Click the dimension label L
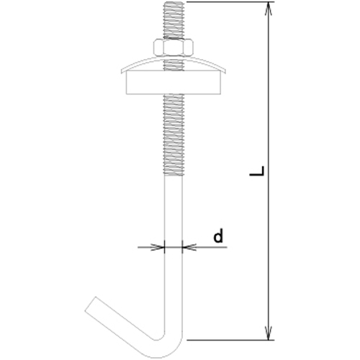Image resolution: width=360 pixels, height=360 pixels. tap(257, 171)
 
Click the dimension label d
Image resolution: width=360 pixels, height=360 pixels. tap(218, 235)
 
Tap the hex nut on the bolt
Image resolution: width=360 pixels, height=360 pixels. tap(174, 47)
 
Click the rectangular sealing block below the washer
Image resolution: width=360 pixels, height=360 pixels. tap(174, 82)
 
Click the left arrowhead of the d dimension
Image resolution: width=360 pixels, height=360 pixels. tap(158, 247)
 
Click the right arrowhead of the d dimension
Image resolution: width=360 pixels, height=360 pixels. tap(189, 247)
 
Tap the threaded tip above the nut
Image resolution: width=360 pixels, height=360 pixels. tap(174, 19)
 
